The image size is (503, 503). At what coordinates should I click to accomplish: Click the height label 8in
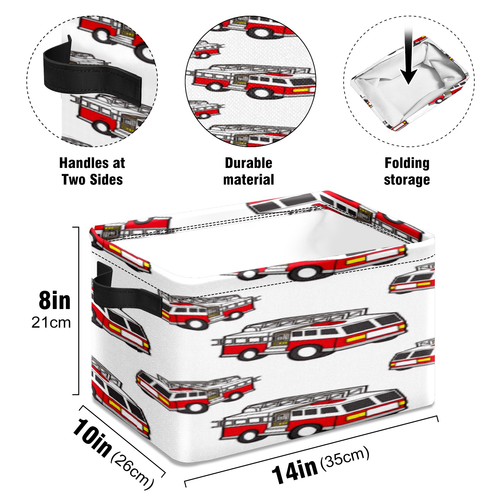point(55,301)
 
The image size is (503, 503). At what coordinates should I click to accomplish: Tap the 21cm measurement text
point(51,323)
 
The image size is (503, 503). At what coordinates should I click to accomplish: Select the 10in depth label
point(92,437)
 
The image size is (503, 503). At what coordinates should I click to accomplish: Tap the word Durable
point(248,163)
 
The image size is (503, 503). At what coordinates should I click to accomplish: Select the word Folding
point(407,163)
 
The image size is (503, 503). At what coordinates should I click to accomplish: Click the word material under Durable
point(248,180)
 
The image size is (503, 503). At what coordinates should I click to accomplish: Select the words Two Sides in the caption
point(92,180)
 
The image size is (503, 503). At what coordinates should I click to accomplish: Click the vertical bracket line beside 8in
point(78,311)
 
